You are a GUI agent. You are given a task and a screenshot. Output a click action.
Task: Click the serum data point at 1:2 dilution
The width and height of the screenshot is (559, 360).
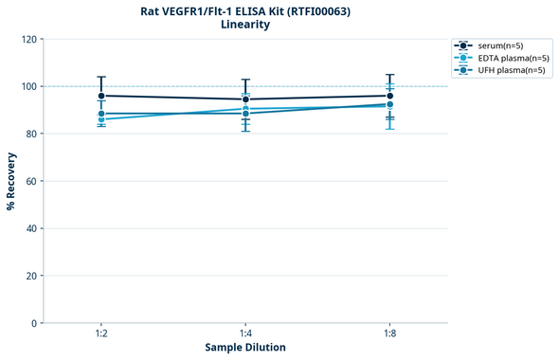[x=101, y=96]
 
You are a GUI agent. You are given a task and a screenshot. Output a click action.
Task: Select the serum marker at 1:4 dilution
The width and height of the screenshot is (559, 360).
[x=245, y=99]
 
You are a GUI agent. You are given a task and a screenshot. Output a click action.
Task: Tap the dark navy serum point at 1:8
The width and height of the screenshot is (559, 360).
[x=389, y=96]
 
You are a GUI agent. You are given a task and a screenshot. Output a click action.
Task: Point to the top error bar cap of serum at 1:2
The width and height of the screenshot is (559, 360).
[x=101, y=77]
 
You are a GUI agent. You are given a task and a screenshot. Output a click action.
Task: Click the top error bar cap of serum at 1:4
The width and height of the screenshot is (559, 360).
[x=245, y=80]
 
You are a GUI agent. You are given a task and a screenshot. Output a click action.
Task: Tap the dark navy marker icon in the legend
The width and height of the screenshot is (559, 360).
[x=462, y=45]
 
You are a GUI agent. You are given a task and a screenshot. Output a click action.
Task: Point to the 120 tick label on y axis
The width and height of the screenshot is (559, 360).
[x=27, y=39]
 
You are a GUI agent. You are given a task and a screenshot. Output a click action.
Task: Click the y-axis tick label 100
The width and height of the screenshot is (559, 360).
[x=27, y=86]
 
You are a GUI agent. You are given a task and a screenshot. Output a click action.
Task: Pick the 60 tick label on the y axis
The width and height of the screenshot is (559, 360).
[x=30, y=181]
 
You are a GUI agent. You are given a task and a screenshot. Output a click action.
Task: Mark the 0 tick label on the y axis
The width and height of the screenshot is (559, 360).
[x=33, y=323]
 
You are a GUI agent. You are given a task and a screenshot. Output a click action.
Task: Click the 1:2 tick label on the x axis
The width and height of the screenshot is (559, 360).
[x=101, y=334]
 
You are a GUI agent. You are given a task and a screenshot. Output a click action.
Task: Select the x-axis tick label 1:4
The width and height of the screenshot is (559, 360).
[x=245, y=334]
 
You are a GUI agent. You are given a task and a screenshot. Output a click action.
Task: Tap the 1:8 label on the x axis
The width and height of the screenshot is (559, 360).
[x=389, y=334]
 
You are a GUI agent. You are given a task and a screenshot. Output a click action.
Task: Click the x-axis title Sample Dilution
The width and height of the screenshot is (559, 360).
[x=245, y=348]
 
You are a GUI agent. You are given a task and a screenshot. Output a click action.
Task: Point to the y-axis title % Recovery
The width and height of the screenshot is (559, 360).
[x=11, y=180]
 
